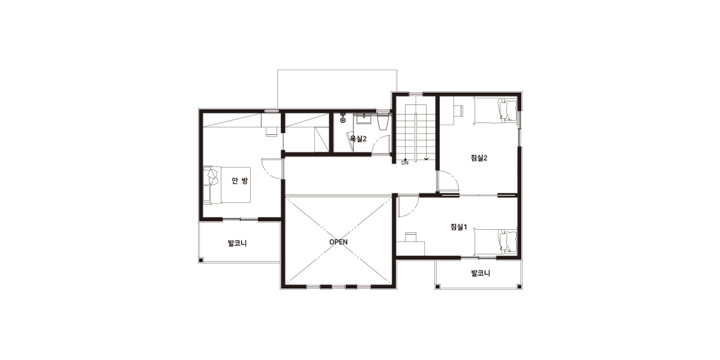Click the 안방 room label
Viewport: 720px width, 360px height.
pos(240,181)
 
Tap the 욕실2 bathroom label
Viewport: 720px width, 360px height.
pos(358,139)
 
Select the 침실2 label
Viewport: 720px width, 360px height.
pos(479,158)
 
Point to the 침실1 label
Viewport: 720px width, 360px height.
pos(458,227)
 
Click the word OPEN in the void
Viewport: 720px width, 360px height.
pos(338,242)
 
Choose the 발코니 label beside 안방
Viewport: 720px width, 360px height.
pos(237,243)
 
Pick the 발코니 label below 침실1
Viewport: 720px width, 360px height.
pos(481,273)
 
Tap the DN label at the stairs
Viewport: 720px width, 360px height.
pos(405,163)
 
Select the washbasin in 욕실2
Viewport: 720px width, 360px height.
pos(364,120)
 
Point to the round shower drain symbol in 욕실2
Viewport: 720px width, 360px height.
pos(343,120)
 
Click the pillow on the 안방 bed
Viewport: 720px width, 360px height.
pos(212,175)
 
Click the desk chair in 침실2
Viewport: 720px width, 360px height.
pos(458,110)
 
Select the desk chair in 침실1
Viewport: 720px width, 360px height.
pos(410,237)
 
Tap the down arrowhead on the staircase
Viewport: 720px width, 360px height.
pos(426,159)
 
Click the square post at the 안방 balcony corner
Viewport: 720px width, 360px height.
pos(201,260)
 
